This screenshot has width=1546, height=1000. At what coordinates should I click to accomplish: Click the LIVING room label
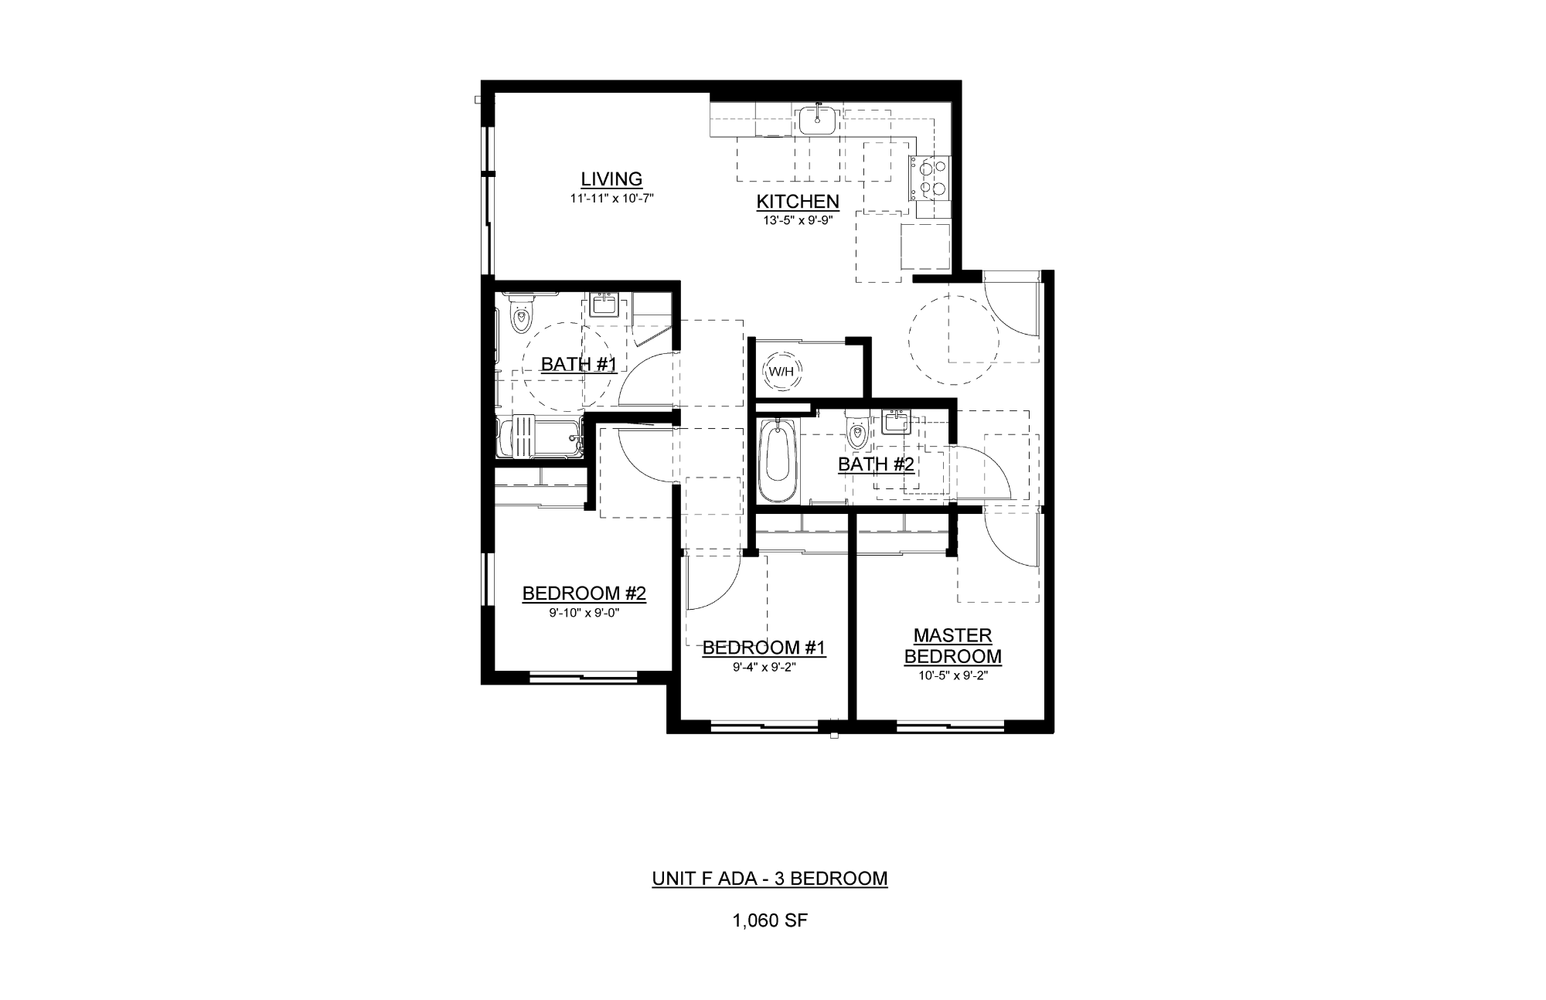tap(611, 179)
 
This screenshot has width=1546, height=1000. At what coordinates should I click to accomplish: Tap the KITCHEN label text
tap(798, 202)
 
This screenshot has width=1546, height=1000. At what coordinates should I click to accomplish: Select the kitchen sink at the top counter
tap(816, 120)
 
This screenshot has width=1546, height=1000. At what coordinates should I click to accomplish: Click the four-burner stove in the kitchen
tap(930, 177)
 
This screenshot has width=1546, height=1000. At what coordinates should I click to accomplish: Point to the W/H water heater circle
tap(780, 372)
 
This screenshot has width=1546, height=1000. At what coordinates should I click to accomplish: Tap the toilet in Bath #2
tap(857, 431)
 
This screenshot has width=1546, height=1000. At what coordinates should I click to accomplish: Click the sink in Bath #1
tap(603, 304)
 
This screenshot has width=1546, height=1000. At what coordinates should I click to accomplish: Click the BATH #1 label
tap(578, 364)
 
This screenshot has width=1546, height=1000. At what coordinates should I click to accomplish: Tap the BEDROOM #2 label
tap(584, 594)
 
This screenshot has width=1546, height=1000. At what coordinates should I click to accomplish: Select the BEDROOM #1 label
tap(764, 648)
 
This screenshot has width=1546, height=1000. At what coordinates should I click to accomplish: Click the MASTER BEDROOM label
tap(953, 646)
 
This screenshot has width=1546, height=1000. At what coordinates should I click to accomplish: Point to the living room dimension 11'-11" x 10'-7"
tap(612, 199)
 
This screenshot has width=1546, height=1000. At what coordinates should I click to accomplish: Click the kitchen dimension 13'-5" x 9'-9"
tap(798, 220)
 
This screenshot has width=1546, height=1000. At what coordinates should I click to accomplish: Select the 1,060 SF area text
tap(770, 920)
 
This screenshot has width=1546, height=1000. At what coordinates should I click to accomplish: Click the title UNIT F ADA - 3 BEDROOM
tap(770, 879)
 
